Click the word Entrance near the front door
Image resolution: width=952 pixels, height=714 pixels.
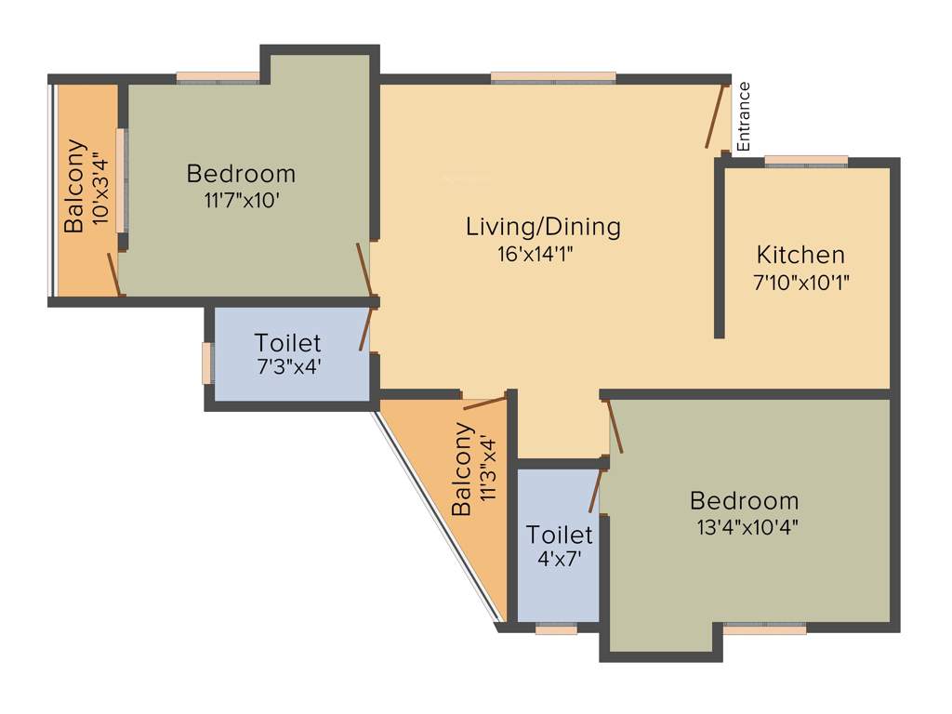pyautogui.click(x=743, y=117)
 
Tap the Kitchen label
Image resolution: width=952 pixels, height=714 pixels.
pyautogui.click(x=800, y=255)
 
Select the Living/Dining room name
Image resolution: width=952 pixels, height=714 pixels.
pyautogui.click(x=543, y=226)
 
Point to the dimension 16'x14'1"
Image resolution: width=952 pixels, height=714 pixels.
pyautogui.click(x=543, y=254)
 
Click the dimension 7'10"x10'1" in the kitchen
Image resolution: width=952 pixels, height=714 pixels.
pyautogui.click(x=801, y=282)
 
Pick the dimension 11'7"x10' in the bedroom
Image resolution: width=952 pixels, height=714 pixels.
pyautogui.click(x=242, y=201)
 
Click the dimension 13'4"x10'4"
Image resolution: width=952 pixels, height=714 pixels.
pyautogui.click(x=745, y=527)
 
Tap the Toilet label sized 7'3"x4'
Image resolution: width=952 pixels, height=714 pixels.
pyautogui.click(x=288, y=342)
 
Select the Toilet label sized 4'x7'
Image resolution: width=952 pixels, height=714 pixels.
pyautogui.click(x=559, y=535)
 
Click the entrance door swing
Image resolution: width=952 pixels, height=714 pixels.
pyautogui.click(x=715, y=116)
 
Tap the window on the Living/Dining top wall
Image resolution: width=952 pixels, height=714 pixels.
pyautogui.click(x=553, y=78)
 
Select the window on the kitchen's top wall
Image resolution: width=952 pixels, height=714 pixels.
pyautogui.click(x=806, y=162)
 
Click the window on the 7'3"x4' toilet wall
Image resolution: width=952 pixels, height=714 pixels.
pyautogui.click(x=207, y=363)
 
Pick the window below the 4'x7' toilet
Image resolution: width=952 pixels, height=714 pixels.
pyautogui.click(x=557, y=628)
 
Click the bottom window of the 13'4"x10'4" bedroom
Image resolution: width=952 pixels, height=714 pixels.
pyautogui.click(x=764, y=628)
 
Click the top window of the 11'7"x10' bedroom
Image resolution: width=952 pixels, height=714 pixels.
pyautogui.click(x=218, y=78)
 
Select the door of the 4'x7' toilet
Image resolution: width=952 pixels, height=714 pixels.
pyautogui.click(x=595, y=492)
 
